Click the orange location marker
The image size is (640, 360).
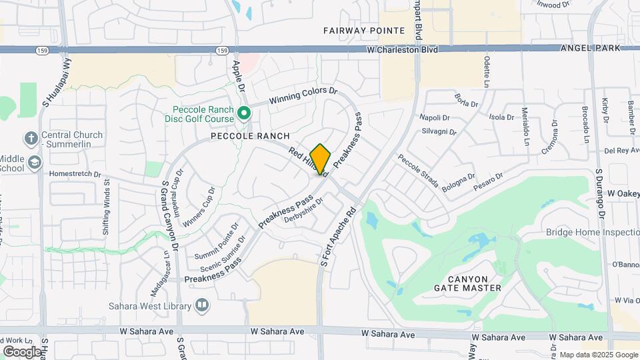coord(321,159)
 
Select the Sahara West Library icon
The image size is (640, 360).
coord(201,306)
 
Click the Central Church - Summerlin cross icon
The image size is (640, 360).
coord(31,138)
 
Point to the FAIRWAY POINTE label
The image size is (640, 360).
coord(364,31)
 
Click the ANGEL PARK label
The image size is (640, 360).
coord(591,48)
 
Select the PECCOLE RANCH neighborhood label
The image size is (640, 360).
coord(250,136)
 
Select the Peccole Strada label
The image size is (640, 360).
coord(419,171)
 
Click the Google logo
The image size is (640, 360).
coord(21,351)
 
